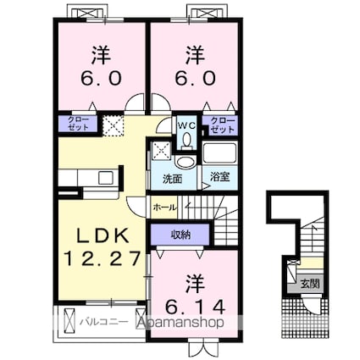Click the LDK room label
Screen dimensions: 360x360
click(x=103, y=235)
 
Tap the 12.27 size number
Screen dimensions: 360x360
click(x=102, y=258)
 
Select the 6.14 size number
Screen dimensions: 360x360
click(x=196, y=307)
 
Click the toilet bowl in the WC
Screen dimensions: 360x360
click(x=186, y=141)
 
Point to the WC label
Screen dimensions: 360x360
click(x=186, y=126)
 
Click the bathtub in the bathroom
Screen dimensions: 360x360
click(x=219, y=153)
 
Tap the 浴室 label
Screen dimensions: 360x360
click(x=219, y=177)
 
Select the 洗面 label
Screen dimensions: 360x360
click(x=172, y=180)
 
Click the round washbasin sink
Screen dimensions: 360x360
click(x=184, y=163)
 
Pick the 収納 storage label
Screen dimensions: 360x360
click(x=180, y=235)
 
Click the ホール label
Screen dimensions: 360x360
click(x=165, y=208)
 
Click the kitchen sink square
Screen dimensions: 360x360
click(x=106, y=178)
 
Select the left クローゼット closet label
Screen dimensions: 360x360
click(x=78, y=124)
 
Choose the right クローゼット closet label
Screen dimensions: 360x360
click(x=223, y=125)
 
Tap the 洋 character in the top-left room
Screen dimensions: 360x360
click(x=101, y=55)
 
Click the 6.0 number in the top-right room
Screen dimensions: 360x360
click(x=196, y=78)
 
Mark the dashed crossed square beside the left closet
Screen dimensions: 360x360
click(x=113, y=125)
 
